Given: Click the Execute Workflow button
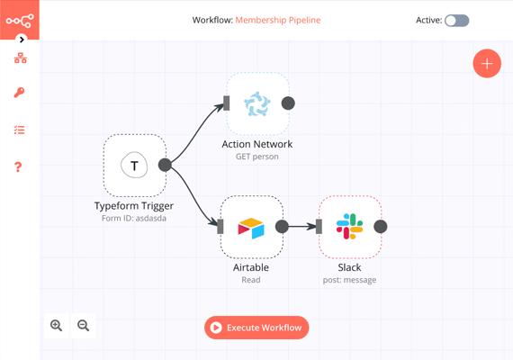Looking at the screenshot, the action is (256, 328).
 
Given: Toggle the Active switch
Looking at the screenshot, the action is (456, 21).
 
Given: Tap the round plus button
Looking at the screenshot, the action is (487, 64).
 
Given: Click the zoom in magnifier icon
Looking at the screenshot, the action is (57, 326).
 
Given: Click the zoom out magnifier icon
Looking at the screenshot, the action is (84, 326).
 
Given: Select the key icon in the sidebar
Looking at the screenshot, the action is (19, 93).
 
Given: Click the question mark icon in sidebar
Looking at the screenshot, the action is (18, 166).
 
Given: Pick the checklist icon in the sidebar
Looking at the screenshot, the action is (19, 130).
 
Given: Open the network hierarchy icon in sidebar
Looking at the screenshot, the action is (21, 58).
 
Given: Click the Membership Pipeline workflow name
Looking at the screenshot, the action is (278, 20).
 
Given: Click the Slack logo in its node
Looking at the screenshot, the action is (349, 227).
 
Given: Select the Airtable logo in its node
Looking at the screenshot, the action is (251, 228).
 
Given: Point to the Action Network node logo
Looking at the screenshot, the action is (257, 103).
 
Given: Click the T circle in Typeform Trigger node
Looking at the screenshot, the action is (134, 165).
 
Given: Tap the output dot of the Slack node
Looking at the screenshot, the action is (381, 227).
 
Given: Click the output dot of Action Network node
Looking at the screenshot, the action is (288, 103).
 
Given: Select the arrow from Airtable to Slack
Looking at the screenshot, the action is (302, 227).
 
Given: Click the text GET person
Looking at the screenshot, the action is (257, 157).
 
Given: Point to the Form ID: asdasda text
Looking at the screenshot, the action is (134, 219).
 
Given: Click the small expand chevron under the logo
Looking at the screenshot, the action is (22, 40).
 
